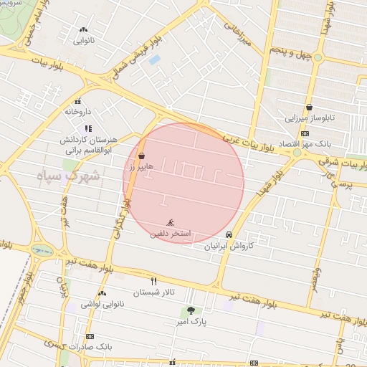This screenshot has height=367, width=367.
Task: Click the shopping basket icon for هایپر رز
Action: [x=141, y=156]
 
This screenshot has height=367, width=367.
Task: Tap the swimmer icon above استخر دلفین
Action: [x=171, y=223]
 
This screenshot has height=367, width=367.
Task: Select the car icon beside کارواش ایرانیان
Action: [x=229, y=235]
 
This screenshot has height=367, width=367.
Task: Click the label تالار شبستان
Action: [x=153, y=292]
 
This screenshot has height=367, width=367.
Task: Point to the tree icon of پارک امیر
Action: [x=191, y=310]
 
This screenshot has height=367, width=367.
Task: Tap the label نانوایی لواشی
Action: [x=102, y=304]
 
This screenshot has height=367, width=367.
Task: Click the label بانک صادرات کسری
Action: [x=90, y=346]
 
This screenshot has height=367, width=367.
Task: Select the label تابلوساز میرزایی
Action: [x=309, y=118]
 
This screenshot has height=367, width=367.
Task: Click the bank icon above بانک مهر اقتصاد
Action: [x=305, y=133]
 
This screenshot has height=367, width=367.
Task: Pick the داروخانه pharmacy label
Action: [x=78, y=112]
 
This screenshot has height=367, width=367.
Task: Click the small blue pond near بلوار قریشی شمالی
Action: [x=154, y=59]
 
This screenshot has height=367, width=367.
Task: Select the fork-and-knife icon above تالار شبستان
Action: [x=153, y=281]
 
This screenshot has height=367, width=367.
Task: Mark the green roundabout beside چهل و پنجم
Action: [x=317, y=57]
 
